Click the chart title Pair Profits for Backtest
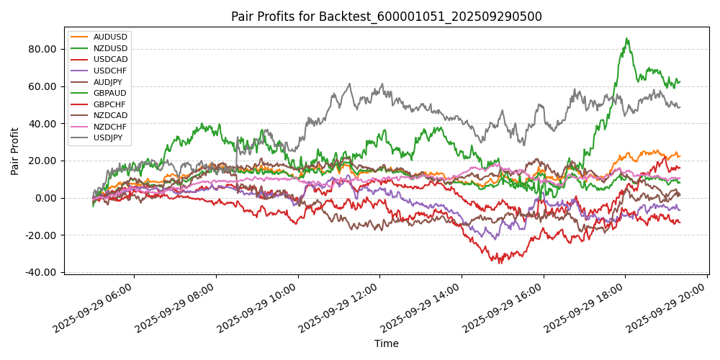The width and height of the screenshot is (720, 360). [386, 17]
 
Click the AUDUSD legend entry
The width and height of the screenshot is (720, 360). [110, 37]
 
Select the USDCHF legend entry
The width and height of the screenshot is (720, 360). [110, 70]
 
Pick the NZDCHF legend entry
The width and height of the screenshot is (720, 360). [110, 127]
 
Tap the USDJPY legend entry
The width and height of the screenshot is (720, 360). [110, 138]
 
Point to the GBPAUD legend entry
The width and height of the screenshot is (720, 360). [110, 93]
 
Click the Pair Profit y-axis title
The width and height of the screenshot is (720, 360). [16, 151]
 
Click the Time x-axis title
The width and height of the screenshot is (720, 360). [386, 343]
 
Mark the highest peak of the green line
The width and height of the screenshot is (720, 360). [627, 39]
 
